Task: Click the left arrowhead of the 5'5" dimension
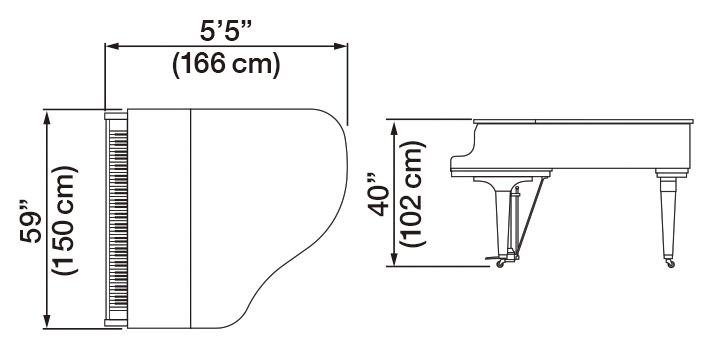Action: point(110,45)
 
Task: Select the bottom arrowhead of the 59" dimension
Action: point(46,322)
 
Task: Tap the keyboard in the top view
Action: point(116,218)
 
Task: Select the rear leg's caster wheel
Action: point(668,263)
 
